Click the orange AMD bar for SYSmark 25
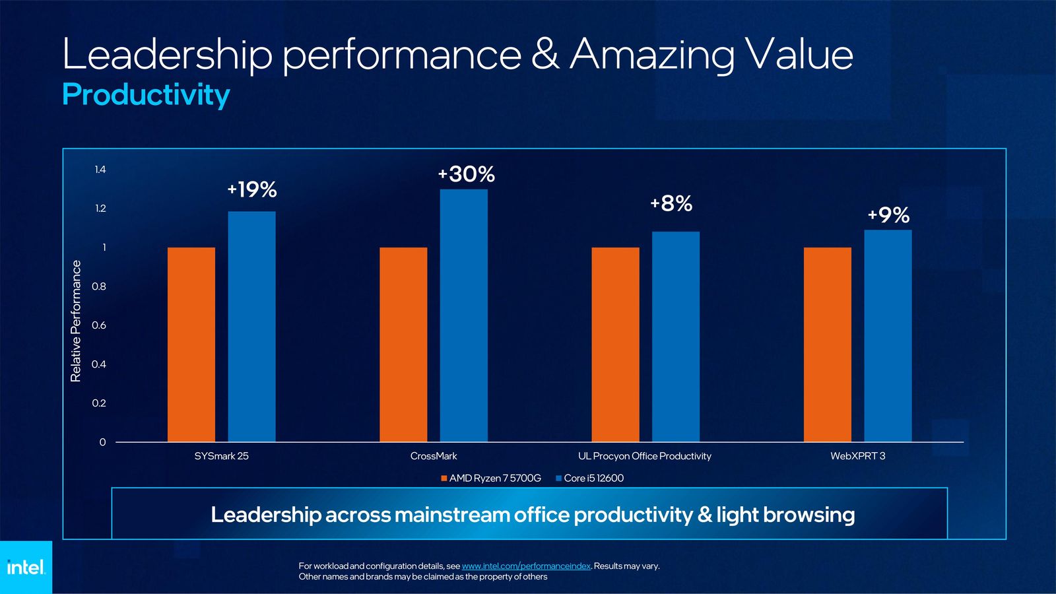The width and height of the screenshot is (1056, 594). [x=191, y=345]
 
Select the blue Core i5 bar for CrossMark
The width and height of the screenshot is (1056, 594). [x=464, y=315]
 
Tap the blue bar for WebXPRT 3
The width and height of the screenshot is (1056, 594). [x=888, y=336]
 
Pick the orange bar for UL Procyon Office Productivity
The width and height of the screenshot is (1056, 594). [x=615, y=345]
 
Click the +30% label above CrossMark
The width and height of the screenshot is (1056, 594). [x=467, y=174]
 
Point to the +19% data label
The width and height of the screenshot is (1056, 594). [x=252, y=190]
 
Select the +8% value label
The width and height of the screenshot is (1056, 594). [x=671, y=204]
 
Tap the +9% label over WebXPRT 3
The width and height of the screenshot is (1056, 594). [x=888, y=215]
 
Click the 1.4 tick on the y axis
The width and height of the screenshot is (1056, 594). [x=100, y=170]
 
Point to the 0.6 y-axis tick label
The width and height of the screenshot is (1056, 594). [x=99, y=325]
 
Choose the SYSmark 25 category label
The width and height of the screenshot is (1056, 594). [x=221, y=456]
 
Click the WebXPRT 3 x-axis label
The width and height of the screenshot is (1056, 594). [x=857, y=456]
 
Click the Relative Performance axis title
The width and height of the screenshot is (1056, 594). [x=76, y=321]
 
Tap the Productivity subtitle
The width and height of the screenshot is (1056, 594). [x=146, y=94]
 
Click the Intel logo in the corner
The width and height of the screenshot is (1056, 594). [x=26, y=568]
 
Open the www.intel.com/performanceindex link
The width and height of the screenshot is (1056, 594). [x=526, y=566]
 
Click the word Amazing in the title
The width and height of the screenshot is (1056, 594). [x=652, y=55]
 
